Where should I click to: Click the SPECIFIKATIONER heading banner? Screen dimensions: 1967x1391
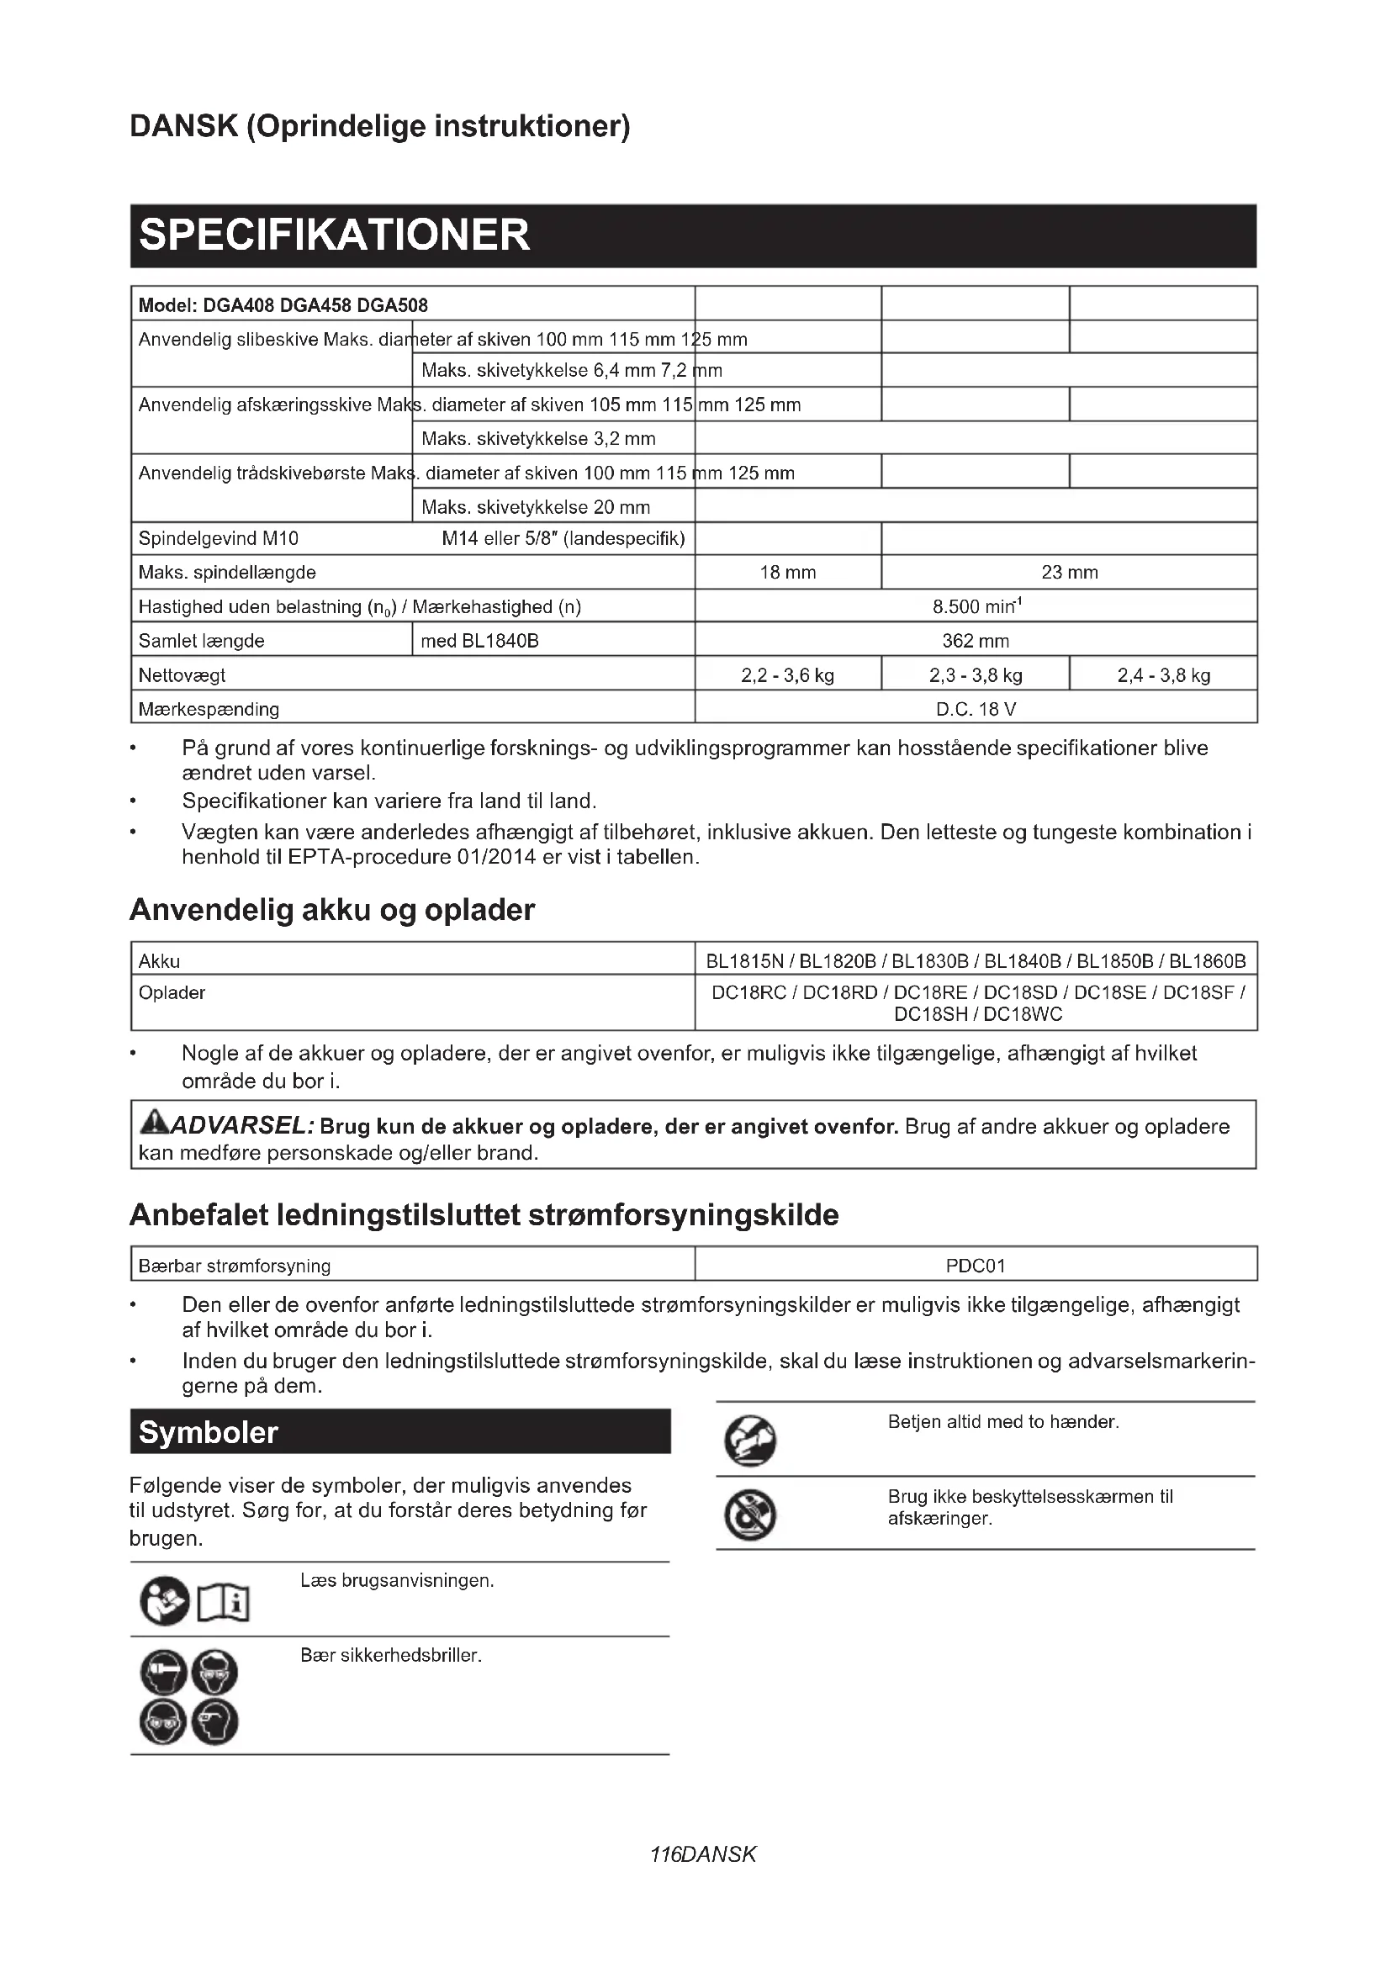693,235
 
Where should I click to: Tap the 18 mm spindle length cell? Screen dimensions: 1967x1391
787,573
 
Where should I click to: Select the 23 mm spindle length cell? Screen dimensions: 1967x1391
1069,573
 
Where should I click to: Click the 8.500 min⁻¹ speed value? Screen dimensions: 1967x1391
976,606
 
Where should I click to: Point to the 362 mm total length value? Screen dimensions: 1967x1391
976,641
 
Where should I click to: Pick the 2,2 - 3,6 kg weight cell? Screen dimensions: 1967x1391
787,675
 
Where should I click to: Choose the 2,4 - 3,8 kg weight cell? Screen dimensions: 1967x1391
1163,675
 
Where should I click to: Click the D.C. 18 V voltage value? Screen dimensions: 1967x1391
976,710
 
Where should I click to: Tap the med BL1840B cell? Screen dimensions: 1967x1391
479,641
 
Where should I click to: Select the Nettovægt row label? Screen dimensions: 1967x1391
182,675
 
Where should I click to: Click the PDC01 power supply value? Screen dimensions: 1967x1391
976,1266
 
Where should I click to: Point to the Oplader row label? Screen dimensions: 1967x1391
172,993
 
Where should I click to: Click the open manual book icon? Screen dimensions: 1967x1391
224,1601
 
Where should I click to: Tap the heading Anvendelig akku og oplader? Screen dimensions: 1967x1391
331,910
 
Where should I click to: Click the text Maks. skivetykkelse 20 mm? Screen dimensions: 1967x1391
536,507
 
